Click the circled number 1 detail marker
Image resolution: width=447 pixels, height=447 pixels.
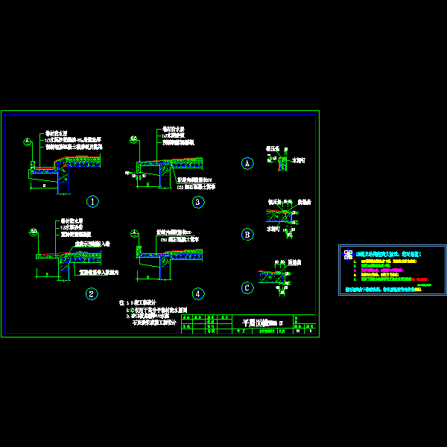click(x=92, y=201)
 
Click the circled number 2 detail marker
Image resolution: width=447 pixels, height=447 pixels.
click(x=92, y=294)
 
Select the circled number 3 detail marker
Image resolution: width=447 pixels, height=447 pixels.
click(x=197, y=202)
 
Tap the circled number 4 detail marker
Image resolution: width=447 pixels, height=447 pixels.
click(x=197, y=294)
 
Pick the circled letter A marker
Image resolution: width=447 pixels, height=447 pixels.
click(x=247, y=163)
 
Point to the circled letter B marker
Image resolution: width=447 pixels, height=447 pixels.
click(x=247, y=234)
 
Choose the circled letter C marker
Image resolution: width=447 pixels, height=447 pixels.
click(x=247, y=288)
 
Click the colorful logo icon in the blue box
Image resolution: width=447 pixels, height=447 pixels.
click(x=348, y=255)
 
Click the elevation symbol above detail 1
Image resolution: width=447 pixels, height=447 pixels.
click(x=27, y=142)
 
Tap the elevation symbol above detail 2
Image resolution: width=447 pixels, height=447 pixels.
click(x=34, y=232)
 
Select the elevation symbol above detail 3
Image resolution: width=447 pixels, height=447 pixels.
click(x=133, y=139)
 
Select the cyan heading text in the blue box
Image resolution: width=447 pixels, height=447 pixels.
click(x=390, y=254)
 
